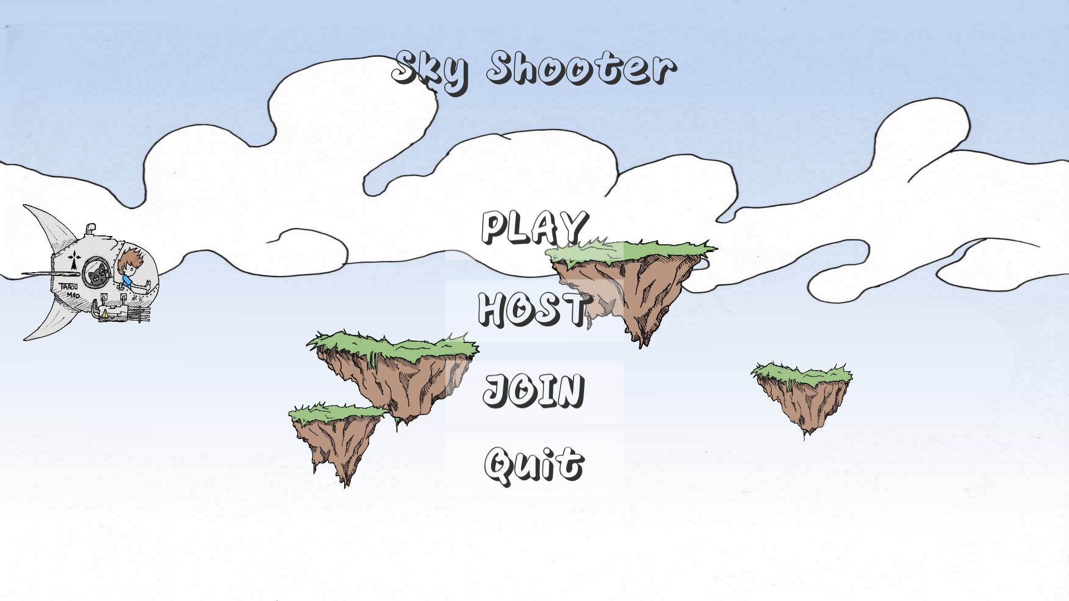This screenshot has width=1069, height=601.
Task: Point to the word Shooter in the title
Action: (x=581, y=69)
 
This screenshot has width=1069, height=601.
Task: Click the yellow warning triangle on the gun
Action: (x=105, y=314)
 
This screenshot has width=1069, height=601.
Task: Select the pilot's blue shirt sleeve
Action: (x=128, y=281)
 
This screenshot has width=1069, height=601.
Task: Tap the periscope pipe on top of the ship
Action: (x=90, y=229)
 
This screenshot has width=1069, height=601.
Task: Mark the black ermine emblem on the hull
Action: (x=73, y=260)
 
